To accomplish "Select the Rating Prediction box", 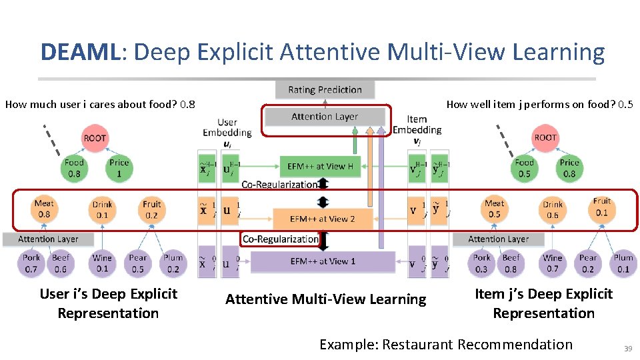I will click(x=325, y=89).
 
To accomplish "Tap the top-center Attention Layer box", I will click(x=325, y=117).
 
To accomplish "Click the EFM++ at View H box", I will click(x=320, y=167).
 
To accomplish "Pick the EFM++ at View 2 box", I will click(x=322, y=219).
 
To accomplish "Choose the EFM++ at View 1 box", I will click(x=323, y=261).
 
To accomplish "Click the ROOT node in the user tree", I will click(x=95, y=138).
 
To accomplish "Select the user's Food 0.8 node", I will click(x=74, y=168).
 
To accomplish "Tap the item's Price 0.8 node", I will click(x=569, y=168).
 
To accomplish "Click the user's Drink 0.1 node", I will click(x=102, y=209).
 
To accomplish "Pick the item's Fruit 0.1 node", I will click(x=602, y=207).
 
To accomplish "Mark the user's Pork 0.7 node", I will click(x=31, y=263).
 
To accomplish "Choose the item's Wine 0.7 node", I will click(x=553, y=263).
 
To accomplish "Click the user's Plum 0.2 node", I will click(x=173, y=263).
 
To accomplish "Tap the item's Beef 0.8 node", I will click(x=511, y=263).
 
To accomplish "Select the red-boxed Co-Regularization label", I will click(x=280, y=239).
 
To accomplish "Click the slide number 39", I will click(x=627, y=349).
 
